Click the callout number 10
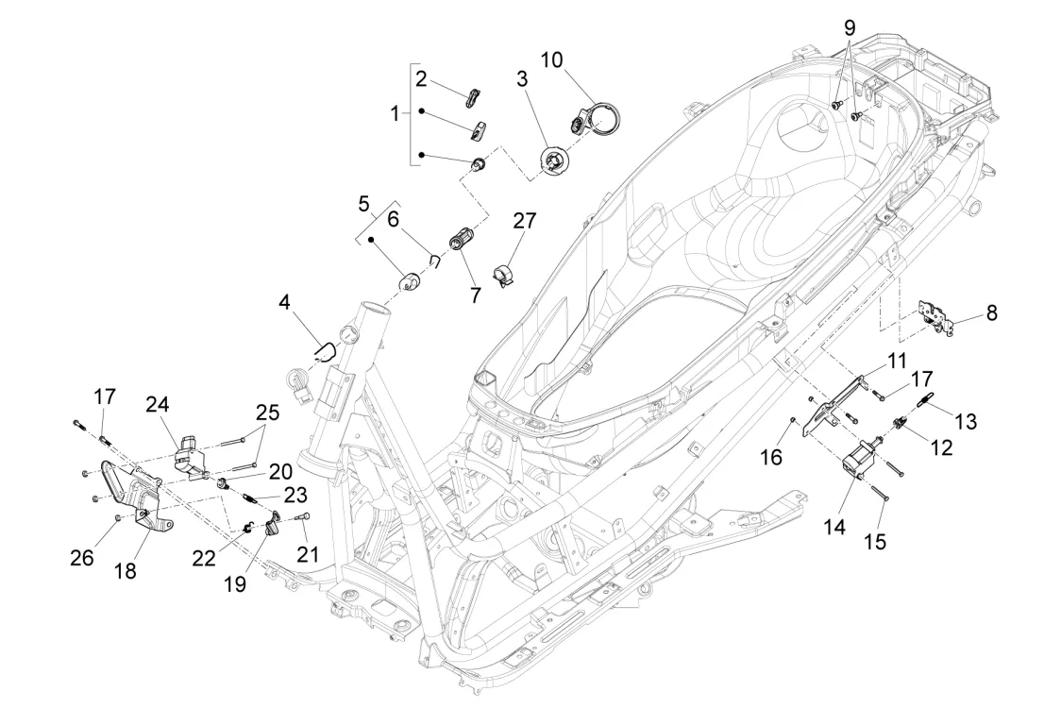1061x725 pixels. coord(551,60)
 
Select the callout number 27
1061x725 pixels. coord(524,221)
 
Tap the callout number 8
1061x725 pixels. coord(991,312)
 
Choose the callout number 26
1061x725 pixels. coord(82,558)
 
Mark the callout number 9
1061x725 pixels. coord(849,25)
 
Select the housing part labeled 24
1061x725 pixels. coord(192,452)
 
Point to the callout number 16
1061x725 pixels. coord(772,457)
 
